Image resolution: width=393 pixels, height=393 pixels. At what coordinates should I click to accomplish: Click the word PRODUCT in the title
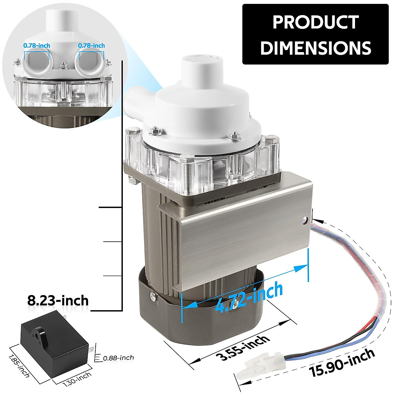tap(315, 22)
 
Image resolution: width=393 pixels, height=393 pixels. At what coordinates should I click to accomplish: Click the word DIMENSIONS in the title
tap(315, 48)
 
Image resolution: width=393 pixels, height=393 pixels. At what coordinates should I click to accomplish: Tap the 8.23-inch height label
tap(58, 300)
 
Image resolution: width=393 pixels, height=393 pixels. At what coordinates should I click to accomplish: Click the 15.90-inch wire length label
tap(343, 363)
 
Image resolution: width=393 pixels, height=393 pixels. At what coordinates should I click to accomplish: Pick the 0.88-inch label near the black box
tap(118, 358)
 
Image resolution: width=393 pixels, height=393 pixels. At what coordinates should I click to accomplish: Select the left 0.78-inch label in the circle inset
tap(37, 46)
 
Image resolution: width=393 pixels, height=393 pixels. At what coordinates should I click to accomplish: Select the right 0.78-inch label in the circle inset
tap(91, 46)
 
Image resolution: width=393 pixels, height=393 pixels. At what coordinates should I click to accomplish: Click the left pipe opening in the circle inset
tap(37, 62)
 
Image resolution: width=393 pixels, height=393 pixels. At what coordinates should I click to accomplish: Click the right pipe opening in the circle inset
tap(91, 62)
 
